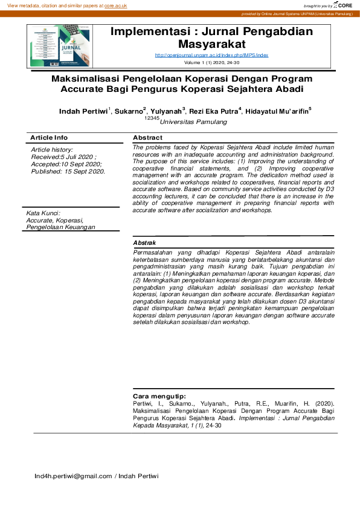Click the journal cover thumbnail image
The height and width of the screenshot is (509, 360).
click(x=60, y=47)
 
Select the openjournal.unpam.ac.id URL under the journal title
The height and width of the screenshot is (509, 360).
click(x=211, y=55)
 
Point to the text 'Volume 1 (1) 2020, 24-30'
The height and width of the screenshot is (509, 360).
click(x=211, y=62)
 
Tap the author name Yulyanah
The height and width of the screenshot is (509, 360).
click(x=167, y=112)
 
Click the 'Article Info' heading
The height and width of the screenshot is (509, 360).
click(x=49, y=138)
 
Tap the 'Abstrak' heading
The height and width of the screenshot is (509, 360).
click(x=146, y=242)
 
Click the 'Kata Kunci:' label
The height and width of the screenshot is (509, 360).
click(x=42, y=213)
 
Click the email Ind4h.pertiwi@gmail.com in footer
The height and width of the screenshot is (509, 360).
click(x=73, y=476)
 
